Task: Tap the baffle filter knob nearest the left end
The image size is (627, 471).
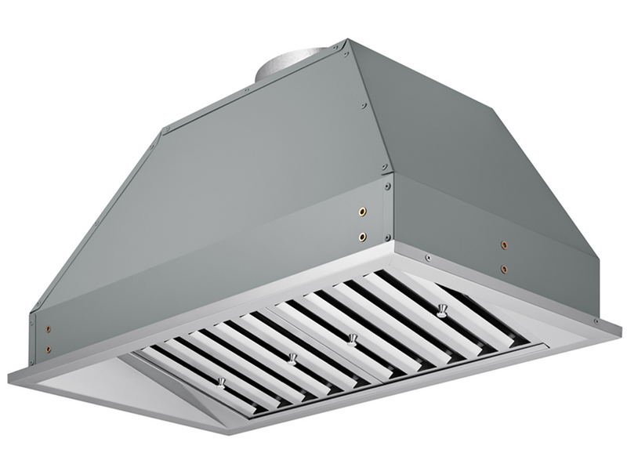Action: pyautogui.click(x=222, y=382)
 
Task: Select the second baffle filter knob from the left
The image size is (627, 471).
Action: pyautogui.click(x=292, y=358)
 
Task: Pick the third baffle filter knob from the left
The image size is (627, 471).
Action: pyautogui.click(x=353, y=339)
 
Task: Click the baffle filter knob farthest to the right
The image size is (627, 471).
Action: pyautogui.click(x=442, y=310)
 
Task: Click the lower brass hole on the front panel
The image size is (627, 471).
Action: pyautogui.click(x=362, y=236)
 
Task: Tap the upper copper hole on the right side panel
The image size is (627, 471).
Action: pyautogui.click(x=504, y=245)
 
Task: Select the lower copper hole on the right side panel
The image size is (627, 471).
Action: pyautogui.click(x=504, y=269)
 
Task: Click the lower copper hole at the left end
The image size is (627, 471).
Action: pyautogui.click(x=48, y=350)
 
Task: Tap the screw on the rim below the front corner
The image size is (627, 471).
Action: pyautogui.click(x=427, y=257)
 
